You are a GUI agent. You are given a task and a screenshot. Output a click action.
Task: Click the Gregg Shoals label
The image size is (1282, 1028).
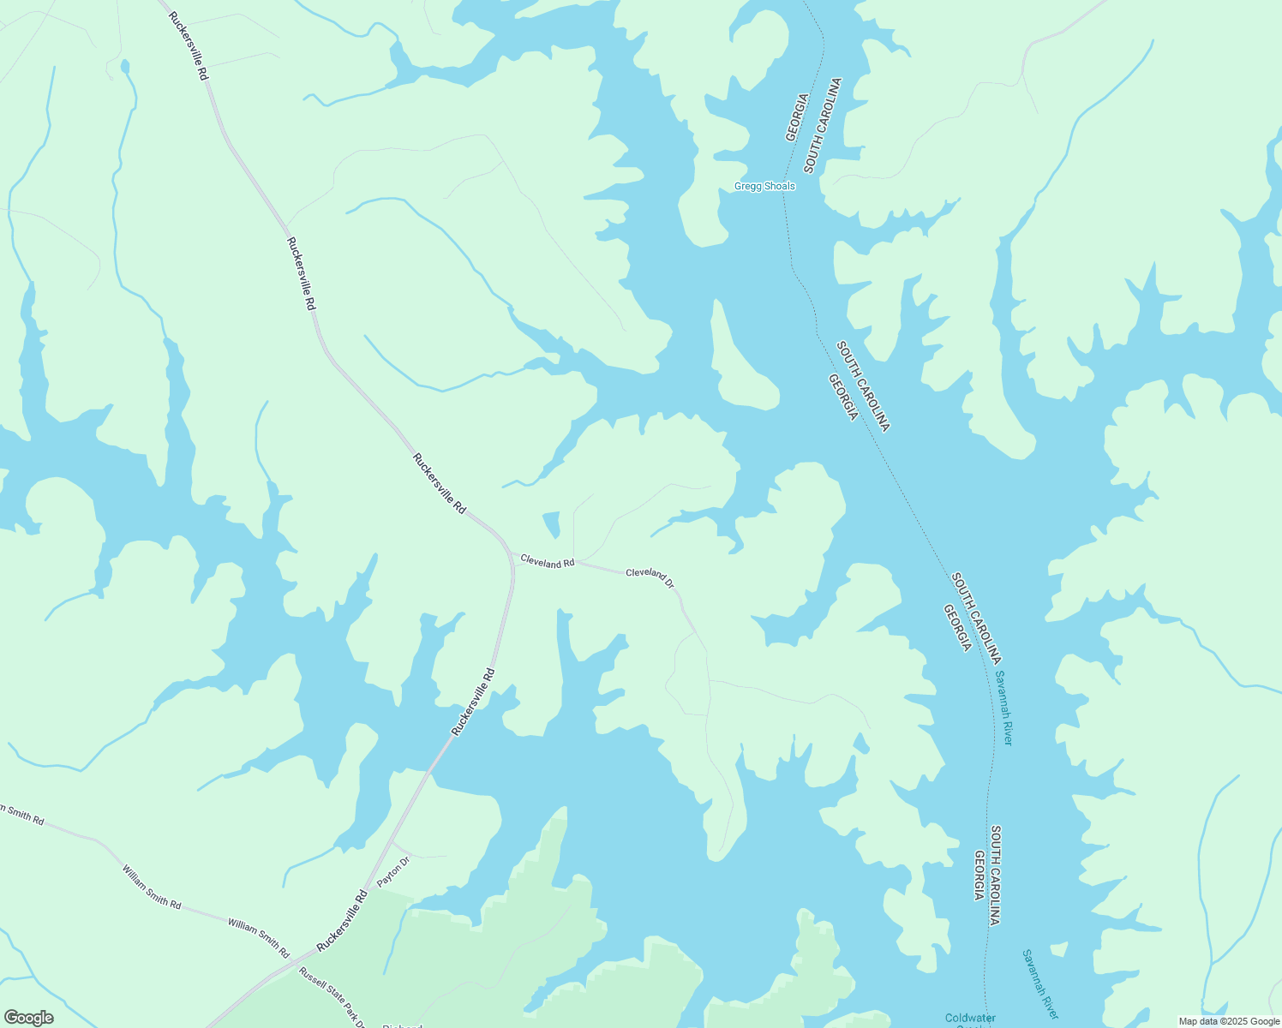pyautogui.click(x=764, y=186)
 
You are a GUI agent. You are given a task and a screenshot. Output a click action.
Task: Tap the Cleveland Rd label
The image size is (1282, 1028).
pyautogui.click(x=547, y=562)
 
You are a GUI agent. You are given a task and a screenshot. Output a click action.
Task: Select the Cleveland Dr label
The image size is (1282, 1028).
pyautogui.click(x=650, y=577)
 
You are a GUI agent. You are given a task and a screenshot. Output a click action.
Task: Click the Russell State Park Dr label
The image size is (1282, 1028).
pyautogui.click(x=332, y=998)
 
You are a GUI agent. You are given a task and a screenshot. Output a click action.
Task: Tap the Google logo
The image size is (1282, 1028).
pyautogui.click(x=28, y=1018)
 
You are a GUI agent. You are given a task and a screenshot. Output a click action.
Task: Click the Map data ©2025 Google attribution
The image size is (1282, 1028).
pyautogui.click(x=1228, y=1021)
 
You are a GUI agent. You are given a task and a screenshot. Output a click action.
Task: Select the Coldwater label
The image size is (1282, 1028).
pyautogui.click(x=970, y=1018)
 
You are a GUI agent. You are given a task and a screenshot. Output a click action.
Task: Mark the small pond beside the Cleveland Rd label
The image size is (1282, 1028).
pyautogui.click(x=552, y=523)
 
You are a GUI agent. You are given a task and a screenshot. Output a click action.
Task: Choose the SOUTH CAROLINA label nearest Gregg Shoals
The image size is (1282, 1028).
pyautogui.click(x=823, y=125)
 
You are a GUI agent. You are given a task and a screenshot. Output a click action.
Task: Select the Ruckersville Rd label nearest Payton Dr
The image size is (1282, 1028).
pyautogui.click(x=342, y=921)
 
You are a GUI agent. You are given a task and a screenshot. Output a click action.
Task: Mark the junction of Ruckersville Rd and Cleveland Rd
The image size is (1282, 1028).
pyautogui.click(x=512, y=565)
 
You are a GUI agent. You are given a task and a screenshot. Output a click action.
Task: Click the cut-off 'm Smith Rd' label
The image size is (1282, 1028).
pyautogui.click(x=21, y=814)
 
